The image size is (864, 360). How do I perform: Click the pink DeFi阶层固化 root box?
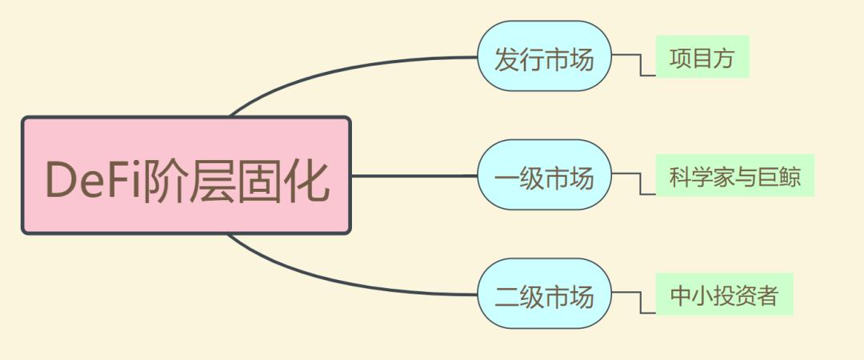(186, 175)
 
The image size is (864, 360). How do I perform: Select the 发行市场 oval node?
(545, 56)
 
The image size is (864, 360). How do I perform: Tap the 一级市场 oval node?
(545, 174)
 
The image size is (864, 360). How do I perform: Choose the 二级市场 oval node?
(545, 294)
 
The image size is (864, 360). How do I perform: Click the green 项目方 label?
(702, 57)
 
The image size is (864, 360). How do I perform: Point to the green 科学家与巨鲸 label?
(735, 175)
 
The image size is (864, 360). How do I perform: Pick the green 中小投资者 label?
(725, 294)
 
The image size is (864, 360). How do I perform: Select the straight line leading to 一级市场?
(414, 176)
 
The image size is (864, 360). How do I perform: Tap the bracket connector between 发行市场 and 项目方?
(640, 65)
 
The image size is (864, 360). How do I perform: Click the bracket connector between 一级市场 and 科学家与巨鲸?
(640, 183)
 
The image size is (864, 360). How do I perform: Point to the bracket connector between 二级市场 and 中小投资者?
(640, 302)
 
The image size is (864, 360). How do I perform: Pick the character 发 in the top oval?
(506, 58)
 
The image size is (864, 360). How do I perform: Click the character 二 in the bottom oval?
(506, 296)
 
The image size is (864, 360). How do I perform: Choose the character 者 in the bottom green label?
(766, 295)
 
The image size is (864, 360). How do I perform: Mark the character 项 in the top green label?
(681, 58)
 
